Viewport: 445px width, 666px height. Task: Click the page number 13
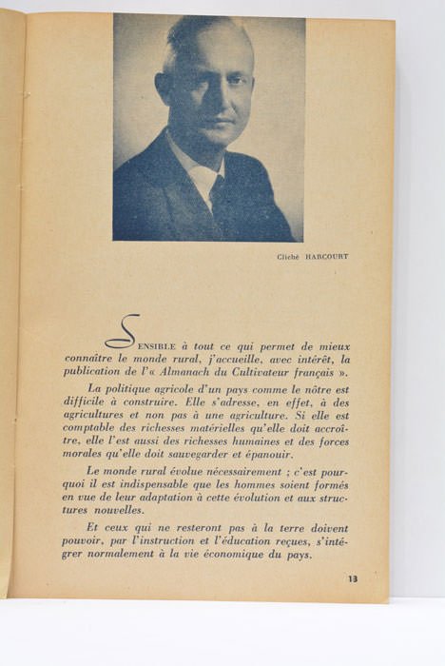coord(353,578)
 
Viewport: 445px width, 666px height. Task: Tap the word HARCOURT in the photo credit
coord(325,256)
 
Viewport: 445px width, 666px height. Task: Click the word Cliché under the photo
coord(288,256)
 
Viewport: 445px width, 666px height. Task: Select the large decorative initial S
coord(124,332)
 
